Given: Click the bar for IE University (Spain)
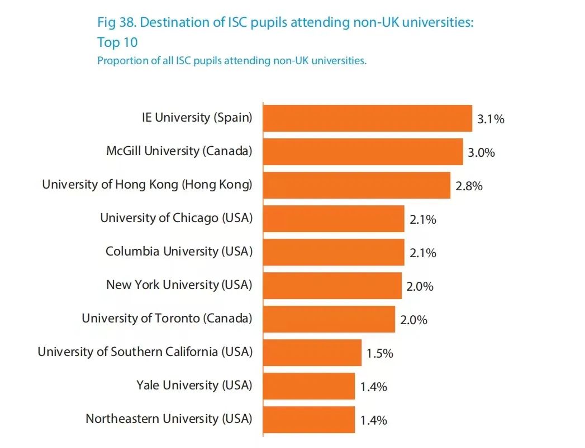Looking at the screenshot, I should [367, 118].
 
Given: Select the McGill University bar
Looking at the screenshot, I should [363, 152].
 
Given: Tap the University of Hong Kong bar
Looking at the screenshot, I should [356, 185].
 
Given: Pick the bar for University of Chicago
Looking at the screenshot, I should [334, 219].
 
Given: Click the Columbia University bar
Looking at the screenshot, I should [334, 252].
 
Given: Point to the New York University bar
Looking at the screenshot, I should [332, 286].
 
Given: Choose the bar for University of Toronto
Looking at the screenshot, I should [329, 319].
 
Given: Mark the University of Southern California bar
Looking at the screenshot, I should [312, 353].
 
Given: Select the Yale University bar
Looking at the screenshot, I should [308, 386].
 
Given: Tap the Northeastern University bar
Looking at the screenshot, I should [308, 420].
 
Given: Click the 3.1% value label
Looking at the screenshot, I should [491, 119].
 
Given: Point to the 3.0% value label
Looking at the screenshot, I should [481, 152].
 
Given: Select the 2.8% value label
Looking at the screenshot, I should [469, 186].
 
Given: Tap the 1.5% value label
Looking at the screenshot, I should [380, 353].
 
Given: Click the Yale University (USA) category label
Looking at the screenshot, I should [194, 386].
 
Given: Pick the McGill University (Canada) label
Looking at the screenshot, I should [179, 151].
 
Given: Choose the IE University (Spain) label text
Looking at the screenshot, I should [197, 118].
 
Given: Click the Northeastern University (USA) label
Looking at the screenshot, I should [169, 419].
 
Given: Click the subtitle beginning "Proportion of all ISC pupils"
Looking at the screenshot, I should [232, 61].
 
